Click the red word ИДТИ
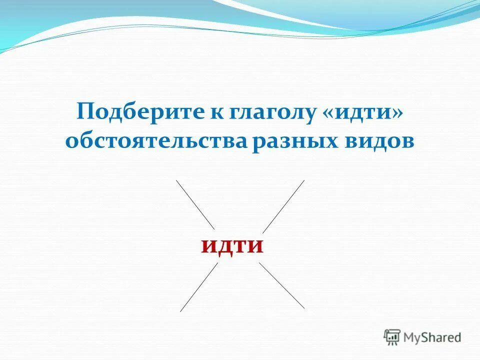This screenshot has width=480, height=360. tap(232, 246)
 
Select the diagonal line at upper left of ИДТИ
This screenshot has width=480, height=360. tap(195, 204)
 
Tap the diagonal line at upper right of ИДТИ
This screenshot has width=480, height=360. tap(283, 205)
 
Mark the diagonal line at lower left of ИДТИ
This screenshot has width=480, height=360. tap(199, 287)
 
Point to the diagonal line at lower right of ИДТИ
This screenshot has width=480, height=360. tap(281, 285)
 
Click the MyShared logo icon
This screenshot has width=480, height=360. tap(392, 337)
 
